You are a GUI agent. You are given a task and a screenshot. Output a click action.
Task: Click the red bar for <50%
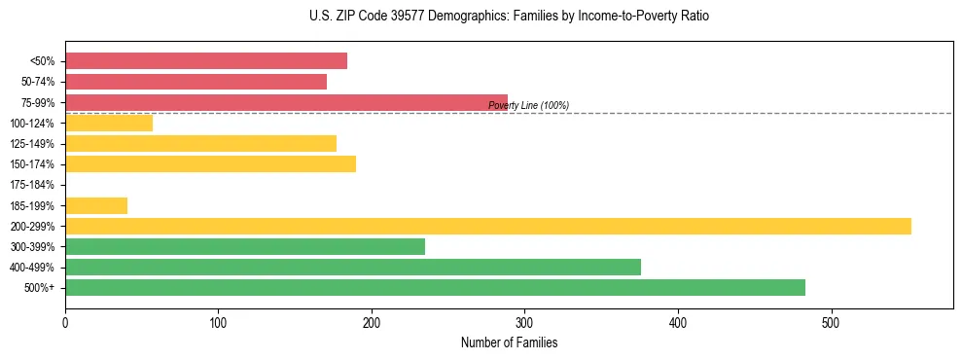206,61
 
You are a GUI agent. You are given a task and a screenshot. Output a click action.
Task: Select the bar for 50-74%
196,82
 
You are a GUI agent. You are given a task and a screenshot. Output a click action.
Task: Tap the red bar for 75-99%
286,102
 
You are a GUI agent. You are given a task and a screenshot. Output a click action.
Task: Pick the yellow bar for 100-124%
109,123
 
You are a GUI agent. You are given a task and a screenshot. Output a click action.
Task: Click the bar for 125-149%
200,143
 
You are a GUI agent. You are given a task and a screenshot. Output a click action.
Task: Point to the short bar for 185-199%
96,205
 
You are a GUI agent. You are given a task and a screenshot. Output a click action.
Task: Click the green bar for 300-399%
245,246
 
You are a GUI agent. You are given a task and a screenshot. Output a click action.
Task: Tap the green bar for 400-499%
353,267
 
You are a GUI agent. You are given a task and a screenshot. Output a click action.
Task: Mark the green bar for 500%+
435,287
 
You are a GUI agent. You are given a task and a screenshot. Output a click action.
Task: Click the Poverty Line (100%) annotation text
528,105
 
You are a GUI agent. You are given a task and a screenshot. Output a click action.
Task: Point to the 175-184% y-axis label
32,185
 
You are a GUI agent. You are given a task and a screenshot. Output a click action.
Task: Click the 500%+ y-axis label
39,288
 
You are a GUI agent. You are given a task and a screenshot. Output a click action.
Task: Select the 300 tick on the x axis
524,322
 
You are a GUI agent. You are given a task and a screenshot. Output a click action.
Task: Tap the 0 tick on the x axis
65,322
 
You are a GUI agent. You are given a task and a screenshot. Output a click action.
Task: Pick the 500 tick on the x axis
831,322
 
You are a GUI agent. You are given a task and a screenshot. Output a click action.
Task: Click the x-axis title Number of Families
509,342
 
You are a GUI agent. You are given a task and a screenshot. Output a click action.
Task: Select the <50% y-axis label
42,61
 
